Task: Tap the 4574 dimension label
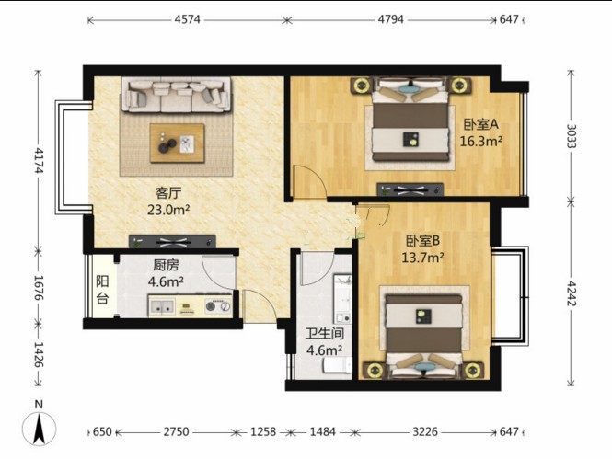pos(188,19)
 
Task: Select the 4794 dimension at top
pos(391,19)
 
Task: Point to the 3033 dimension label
pos(571,136)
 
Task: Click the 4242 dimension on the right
pos(571,293)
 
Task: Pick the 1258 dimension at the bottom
pos(262,431)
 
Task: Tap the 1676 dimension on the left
pos(39,287)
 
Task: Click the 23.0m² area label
pos(168,210)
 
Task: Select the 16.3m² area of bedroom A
pos(480,141)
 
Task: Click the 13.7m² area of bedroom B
pos(423,258)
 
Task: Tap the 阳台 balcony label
pos(102,290)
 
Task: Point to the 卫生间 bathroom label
pos(325,334)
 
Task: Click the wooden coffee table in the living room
pos(178,143)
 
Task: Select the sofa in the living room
pos(177,95)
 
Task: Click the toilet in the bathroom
pos(337,364)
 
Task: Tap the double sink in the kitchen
pos(162,306)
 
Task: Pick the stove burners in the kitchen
pos(217,306)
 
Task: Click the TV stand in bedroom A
pos(410,189)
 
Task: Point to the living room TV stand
pos(172,241)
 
